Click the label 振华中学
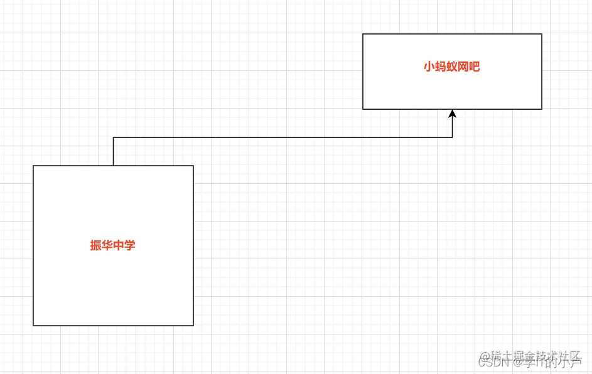(113, 245)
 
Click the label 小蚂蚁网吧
(451, 67)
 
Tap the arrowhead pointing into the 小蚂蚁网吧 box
(452, 114)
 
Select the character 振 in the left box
(96, 245)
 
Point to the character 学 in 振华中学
(130, 245)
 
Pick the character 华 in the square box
(107, 245)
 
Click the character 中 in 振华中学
(119, 245)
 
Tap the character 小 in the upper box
(429, 67)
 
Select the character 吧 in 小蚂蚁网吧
(475, 67)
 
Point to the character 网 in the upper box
(463, 67)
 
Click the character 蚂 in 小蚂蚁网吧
(440, 67)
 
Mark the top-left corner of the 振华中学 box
(33, 166)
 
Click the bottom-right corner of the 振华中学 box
(193, 325)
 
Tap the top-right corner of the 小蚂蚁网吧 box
(541, 34)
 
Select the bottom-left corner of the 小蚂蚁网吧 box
(363, 109)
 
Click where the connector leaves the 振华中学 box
(113, 165)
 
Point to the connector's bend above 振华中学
(113, 137)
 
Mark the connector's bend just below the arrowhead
(452, 137)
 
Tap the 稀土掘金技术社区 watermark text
(537, 355)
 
